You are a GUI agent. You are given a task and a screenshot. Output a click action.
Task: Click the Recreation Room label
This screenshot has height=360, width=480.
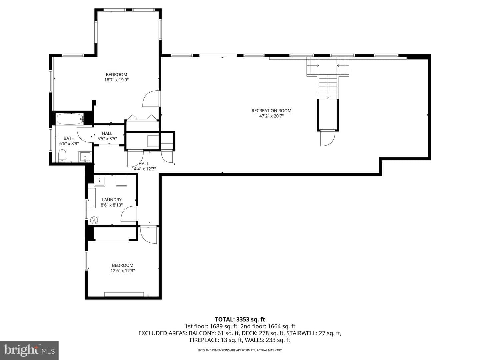tap(271, 111)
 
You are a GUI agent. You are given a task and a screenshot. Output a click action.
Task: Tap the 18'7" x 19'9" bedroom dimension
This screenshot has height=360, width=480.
tap(116, 80)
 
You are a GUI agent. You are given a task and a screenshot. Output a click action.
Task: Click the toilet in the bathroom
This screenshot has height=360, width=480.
tap(62, 156)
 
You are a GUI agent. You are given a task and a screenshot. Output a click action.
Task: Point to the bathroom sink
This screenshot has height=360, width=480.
tap(85, 157)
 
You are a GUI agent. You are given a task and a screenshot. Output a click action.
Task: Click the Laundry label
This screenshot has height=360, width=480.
tap(112, 200)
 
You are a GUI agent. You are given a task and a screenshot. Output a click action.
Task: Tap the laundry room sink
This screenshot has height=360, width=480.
tap(100, 181)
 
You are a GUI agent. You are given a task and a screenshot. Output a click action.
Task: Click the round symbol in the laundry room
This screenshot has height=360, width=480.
tap(94, 220)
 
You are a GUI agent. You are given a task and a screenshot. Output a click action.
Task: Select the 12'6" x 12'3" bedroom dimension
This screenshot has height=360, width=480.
tap(122, 271)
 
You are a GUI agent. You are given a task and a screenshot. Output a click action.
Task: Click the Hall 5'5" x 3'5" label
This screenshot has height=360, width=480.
tap(107, 136)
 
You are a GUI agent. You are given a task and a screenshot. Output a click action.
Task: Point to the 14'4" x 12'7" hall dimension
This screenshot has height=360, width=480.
tap(144, 169)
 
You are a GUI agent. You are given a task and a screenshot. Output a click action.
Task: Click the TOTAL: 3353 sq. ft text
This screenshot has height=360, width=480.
tap(240, 319)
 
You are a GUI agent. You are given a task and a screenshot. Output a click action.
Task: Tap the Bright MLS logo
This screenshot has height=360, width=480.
tap(29, 350)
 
